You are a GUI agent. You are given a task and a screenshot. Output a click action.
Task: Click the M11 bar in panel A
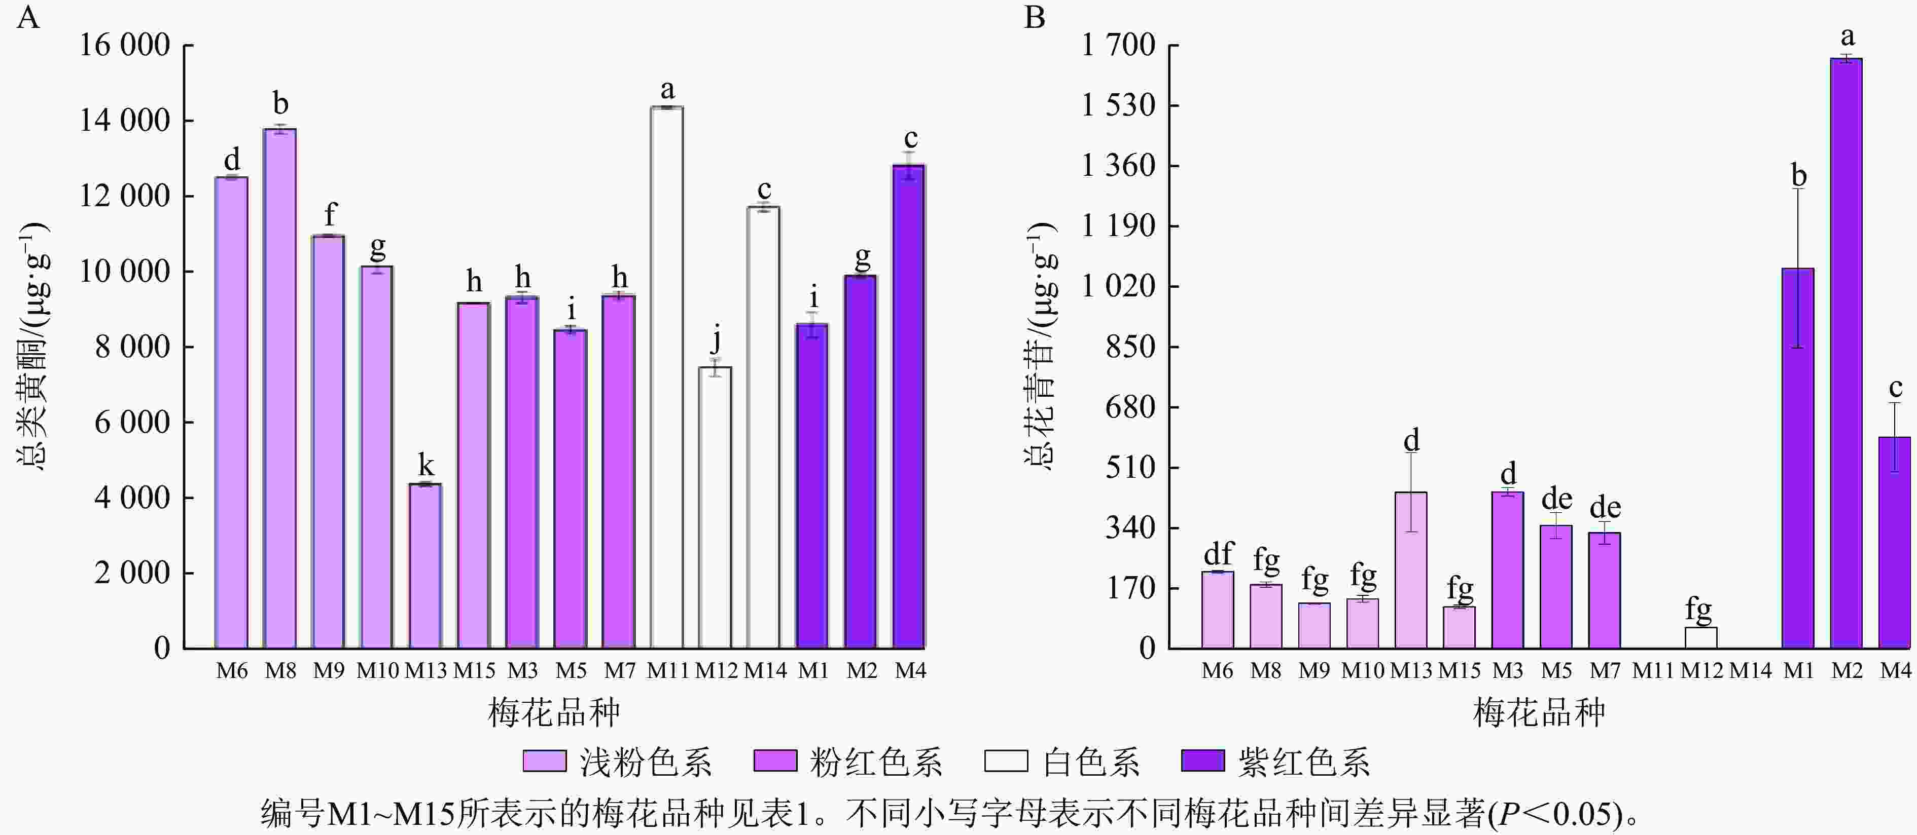(x=667, y=377)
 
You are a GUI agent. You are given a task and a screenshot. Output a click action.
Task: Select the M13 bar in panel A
(x=425, y=566)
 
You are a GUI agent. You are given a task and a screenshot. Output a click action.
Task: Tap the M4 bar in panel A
(x=909, y=407)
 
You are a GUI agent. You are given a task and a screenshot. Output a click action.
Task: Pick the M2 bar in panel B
(x=1847, y=353)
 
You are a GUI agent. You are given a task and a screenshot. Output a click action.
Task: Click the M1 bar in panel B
(x=1798, y=458)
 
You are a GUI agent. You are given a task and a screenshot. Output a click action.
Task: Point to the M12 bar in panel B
(x=1701, y=638)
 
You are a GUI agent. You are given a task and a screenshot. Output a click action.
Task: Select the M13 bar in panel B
(x=1411, y=570)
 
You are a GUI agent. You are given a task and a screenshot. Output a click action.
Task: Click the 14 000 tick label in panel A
(x=125, y=121)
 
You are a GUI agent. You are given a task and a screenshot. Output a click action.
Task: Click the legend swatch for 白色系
(x=1006, y=761)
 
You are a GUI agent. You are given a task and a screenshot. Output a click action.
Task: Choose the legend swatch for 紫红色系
(x=1202, y=761)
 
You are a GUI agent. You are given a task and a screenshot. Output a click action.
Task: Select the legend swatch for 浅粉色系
(x=545, y=761)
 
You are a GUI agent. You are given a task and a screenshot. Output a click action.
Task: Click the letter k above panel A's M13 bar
(x=425, y=466)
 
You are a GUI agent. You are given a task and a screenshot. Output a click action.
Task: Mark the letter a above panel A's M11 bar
(x=667, y=90)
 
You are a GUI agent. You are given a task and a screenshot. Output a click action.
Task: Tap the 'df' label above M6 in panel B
(x=1218, y=554)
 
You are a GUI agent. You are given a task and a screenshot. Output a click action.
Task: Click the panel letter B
(x=1035, y=16)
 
